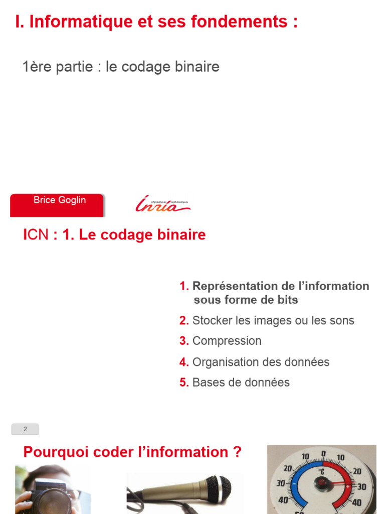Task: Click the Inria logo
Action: [x=162, y=204]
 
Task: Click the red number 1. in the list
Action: [x=184, y=286]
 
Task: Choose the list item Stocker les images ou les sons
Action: [x=273, y=320]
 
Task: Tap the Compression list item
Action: [x=227, y=341]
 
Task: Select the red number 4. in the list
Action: [x=184, y=362]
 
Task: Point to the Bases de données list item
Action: [x=241, y=382]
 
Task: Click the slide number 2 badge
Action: [x=25, y=429]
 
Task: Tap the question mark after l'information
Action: [x=237, y=452]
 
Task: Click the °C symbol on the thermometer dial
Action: [x=322, y=472]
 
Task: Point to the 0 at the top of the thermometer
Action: [x=323, y=454]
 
